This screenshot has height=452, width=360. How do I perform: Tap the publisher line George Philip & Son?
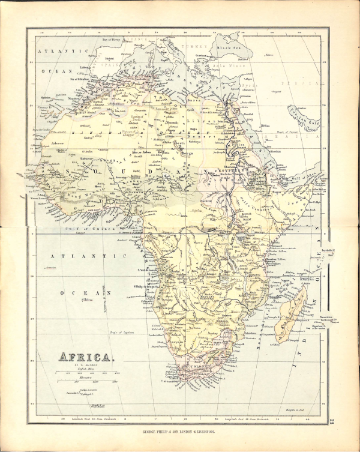(x=180, y=431)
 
